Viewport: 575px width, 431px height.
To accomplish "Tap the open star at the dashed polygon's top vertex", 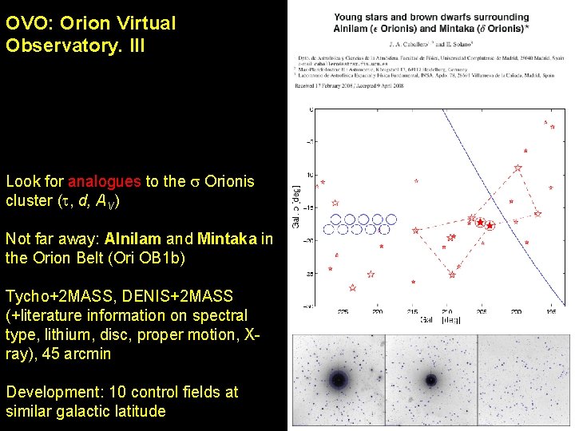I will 518,168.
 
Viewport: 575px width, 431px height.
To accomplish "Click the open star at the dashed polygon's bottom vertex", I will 452,275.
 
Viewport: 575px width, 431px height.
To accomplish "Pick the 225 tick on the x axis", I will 343,312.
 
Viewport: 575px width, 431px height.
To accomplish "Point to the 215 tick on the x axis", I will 413,312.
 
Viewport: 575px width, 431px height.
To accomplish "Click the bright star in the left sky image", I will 337,379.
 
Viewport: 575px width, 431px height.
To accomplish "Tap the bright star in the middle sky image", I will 431,380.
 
